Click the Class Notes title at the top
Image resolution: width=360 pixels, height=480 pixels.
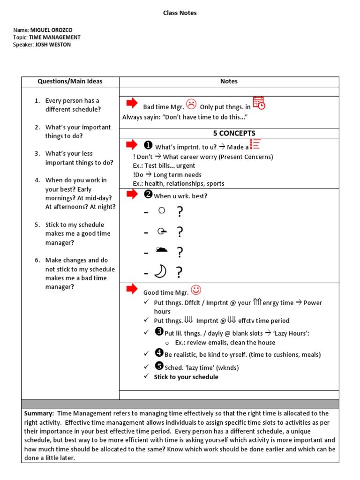click(180, 13)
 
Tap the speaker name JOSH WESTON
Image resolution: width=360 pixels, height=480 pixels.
click(53, 45)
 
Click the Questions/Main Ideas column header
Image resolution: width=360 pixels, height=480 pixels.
click(70, 82)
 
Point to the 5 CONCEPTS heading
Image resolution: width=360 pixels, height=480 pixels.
click(234, 134)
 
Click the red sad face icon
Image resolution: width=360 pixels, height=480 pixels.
click(191, 104)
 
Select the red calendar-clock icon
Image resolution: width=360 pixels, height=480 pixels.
click(259, 103)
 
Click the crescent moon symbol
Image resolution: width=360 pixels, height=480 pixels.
click(161, 271)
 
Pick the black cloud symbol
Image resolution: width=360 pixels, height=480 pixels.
click(161, 250)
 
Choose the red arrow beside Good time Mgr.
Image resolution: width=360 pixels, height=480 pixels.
click(132, 288)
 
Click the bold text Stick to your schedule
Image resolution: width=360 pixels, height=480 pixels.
click(186, 377)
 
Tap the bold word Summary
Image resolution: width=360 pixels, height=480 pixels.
click(39, 413)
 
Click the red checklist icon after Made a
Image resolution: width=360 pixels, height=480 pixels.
click(255, 144)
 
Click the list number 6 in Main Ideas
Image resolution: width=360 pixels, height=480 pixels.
click(37, 260)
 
